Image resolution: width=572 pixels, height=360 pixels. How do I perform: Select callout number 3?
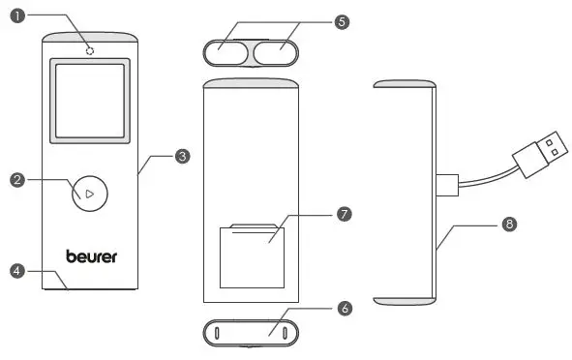(x=182, y=155)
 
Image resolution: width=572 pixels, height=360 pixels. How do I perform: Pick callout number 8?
(x=509, y=224)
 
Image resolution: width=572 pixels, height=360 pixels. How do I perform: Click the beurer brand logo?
(x=91, y=256)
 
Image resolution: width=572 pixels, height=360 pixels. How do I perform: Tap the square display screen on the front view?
(x=89, y=103)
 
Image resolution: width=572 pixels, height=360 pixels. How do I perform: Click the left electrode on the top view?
(x=228, y=50)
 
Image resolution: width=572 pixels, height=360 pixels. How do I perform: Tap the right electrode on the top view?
(x=277, y=50)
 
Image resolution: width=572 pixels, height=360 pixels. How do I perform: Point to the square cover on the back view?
(x=252, y=255)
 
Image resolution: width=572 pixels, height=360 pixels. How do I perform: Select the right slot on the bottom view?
(x=286, y=333)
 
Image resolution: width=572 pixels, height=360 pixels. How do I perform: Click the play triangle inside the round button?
(x=89, y=194)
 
